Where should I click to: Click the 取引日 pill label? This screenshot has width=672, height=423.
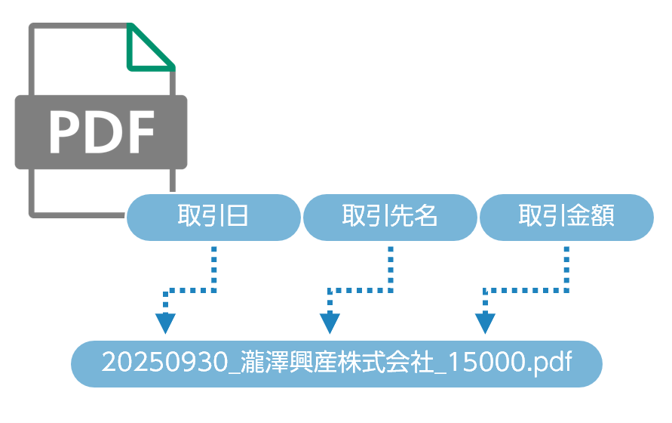(213, 218)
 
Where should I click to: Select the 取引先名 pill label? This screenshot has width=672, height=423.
(390, 218)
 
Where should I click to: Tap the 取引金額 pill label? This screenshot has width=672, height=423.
(566, 218)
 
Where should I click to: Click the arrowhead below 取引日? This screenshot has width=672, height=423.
(165, 324)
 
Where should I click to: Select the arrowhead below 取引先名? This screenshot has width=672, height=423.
(330, 324)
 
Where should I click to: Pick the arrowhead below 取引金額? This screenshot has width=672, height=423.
(486, 324)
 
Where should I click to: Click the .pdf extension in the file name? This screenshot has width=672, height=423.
(549, 363)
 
